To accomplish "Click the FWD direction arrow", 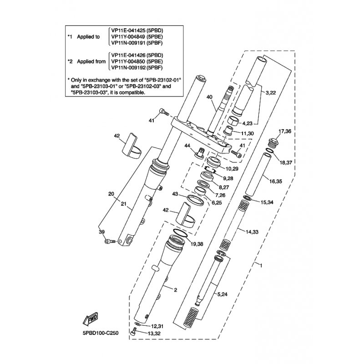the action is tap(91, 318).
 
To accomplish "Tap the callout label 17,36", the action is tap(285, 131).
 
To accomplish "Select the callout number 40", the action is tap(209, 97).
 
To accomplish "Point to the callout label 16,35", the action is tap(276, 181).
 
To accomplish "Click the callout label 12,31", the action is tap(157, 326).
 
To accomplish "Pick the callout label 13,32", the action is tap(154, 334).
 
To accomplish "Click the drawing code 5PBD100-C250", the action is tap(101, 333).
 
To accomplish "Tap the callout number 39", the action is tap(101, 232).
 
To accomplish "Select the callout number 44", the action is tap(187, 146).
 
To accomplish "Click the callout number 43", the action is tap(175, 194).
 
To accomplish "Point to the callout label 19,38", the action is tap(197, 244).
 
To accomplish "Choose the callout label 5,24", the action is tap(222, 294).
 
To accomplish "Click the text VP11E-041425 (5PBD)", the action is tap(137, 30).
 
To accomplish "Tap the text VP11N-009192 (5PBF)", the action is tap(137, 68).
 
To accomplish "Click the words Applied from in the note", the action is tap(91, 61).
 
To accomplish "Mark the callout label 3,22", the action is tap(270, 93).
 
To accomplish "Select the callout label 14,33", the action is tap(252, 232).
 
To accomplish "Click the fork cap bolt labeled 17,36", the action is tap(273, 142).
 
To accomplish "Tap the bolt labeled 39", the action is tap(110, 242).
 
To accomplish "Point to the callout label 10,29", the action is tap(232, 169).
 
